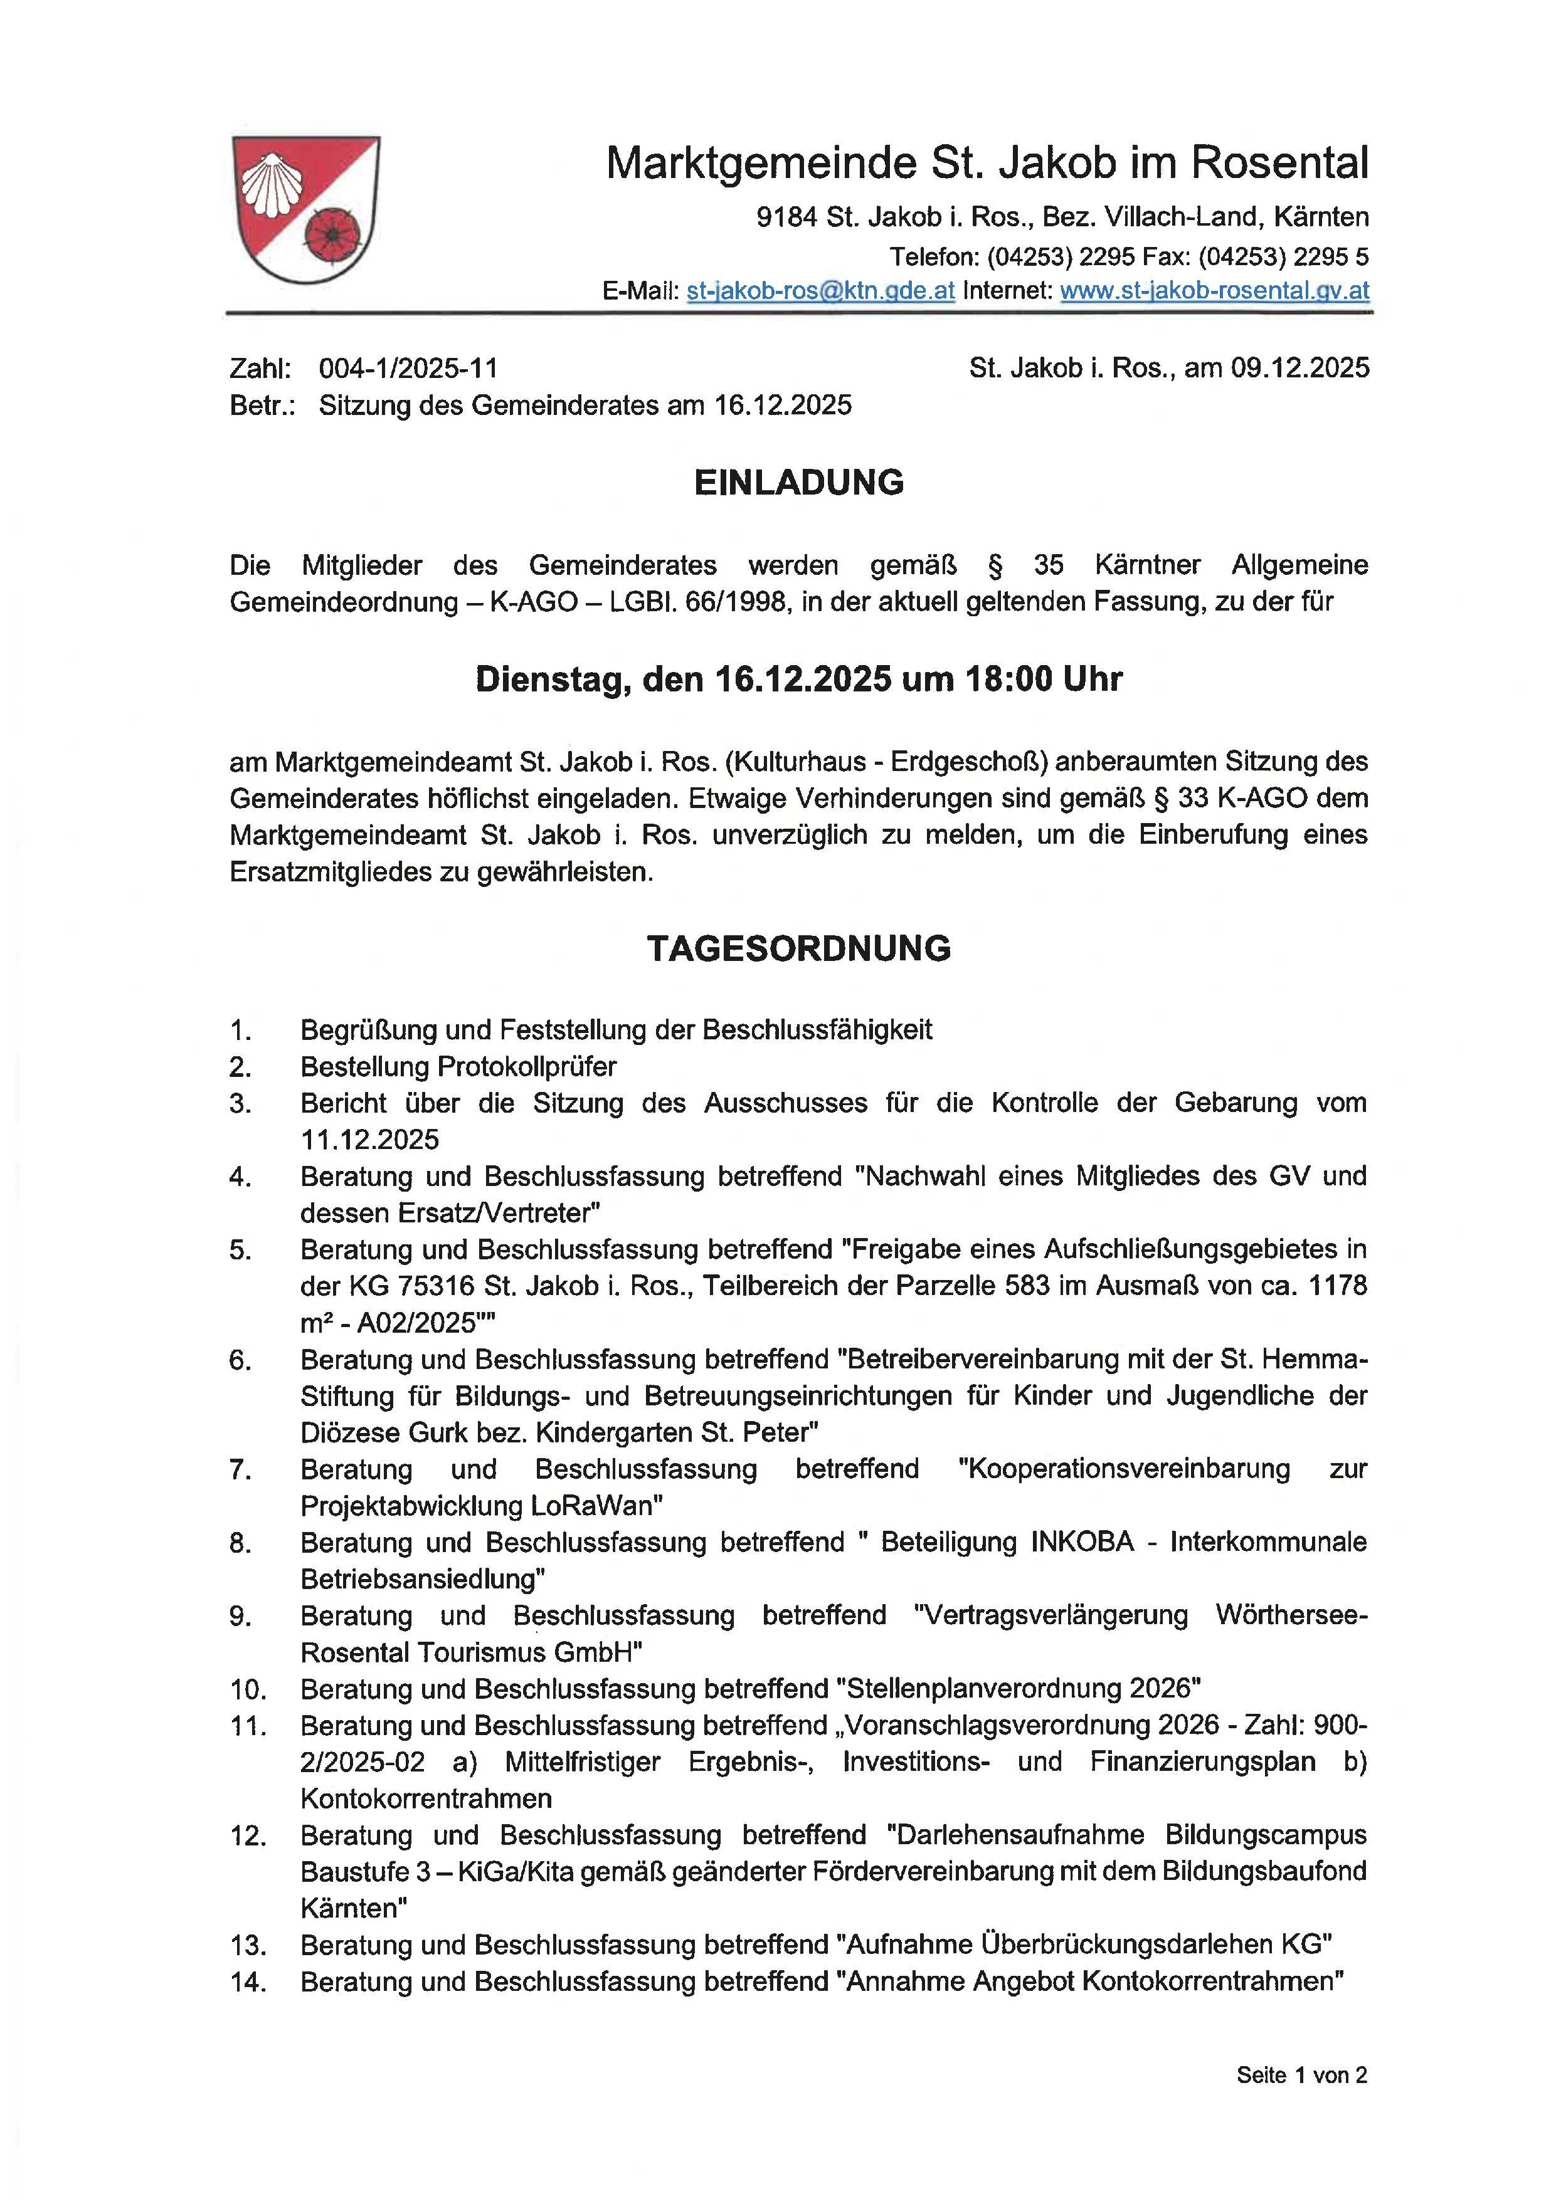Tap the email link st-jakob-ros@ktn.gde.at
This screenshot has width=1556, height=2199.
coord(820,291)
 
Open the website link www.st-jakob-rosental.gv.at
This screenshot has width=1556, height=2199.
coord(1214,291)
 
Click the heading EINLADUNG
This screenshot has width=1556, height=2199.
coord(798,482)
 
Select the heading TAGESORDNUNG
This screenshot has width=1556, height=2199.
coord(798,948)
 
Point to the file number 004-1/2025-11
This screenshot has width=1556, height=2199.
coord(408,368)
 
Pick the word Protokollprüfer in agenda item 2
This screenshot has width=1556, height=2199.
coord(526,1066)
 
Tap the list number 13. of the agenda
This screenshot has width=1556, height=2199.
coord(247,1945)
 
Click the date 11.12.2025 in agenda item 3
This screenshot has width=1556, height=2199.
coord(370,1140)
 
